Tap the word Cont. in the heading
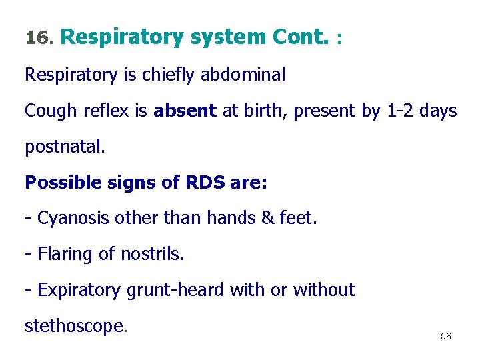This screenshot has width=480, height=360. point(300,38)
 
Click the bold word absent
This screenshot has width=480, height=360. point(185,111)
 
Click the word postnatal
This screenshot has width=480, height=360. point(65,147)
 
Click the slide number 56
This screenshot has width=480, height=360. point(446,337)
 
